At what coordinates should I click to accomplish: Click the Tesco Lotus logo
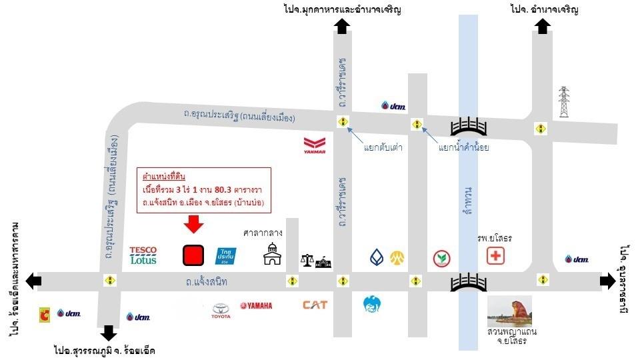[143, 255]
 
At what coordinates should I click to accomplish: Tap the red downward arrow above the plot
[193, 225]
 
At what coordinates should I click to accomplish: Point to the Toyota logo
[221, 310]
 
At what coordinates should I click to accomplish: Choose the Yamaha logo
[256, 306]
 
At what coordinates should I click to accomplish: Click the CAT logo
[315, 305]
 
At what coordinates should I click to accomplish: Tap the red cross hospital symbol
[495, 255]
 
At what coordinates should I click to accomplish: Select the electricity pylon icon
[564, 102]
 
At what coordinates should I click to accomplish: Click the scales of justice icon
[307, 261]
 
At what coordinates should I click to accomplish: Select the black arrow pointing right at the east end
[607, 281]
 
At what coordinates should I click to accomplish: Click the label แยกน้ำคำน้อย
[464, 148]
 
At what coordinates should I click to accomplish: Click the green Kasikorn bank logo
[440, 257]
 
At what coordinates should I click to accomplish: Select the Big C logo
[45, 313]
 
